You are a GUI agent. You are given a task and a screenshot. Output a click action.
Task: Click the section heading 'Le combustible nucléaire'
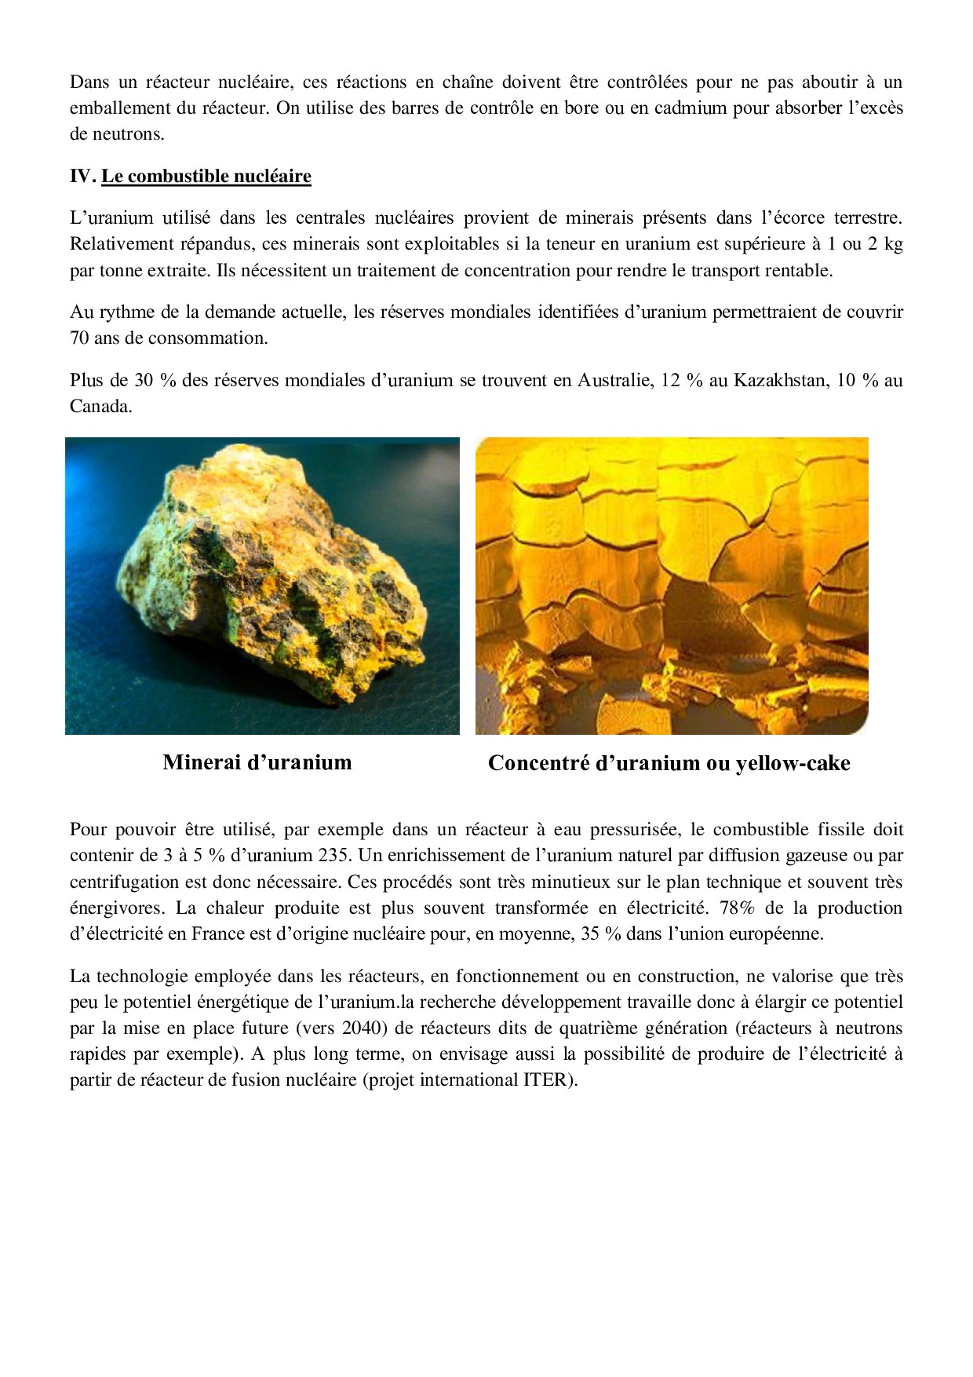[206, 176]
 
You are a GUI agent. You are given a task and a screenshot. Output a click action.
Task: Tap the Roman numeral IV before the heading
[82, 176]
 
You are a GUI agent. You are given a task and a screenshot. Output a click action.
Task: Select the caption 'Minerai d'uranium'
[257, 762]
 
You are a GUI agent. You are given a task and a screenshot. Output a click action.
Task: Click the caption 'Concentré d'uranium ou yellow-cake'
[669, 763]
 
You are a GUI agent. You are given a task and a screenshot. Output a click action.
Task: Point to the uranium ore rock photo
[262, 586]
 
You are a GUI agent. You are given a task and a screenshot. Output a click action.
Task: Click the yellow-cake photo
[672, 586]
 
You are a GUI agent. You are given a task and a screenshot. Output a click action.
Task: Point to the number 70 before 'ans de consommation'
[79, 338]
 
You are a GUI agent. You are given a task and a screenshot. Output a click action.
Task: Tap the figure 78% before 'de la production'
[737, 908]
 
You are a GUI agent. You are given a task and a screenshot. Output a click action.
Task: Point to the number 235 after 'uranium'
[333, 856]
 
